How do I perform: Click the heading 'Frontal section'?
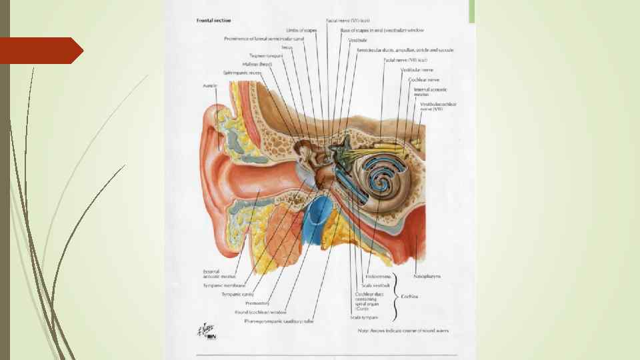click(213, 21)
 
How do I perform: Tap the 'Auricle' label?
click(210, 86)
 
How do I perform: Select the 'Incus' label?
click(287, 47)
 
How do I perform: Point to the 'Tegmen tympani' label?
click(267, 55)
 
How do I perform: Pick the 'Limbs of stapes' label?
click(301, 30)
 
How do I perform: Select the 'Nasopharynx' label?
click(426, 275)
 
